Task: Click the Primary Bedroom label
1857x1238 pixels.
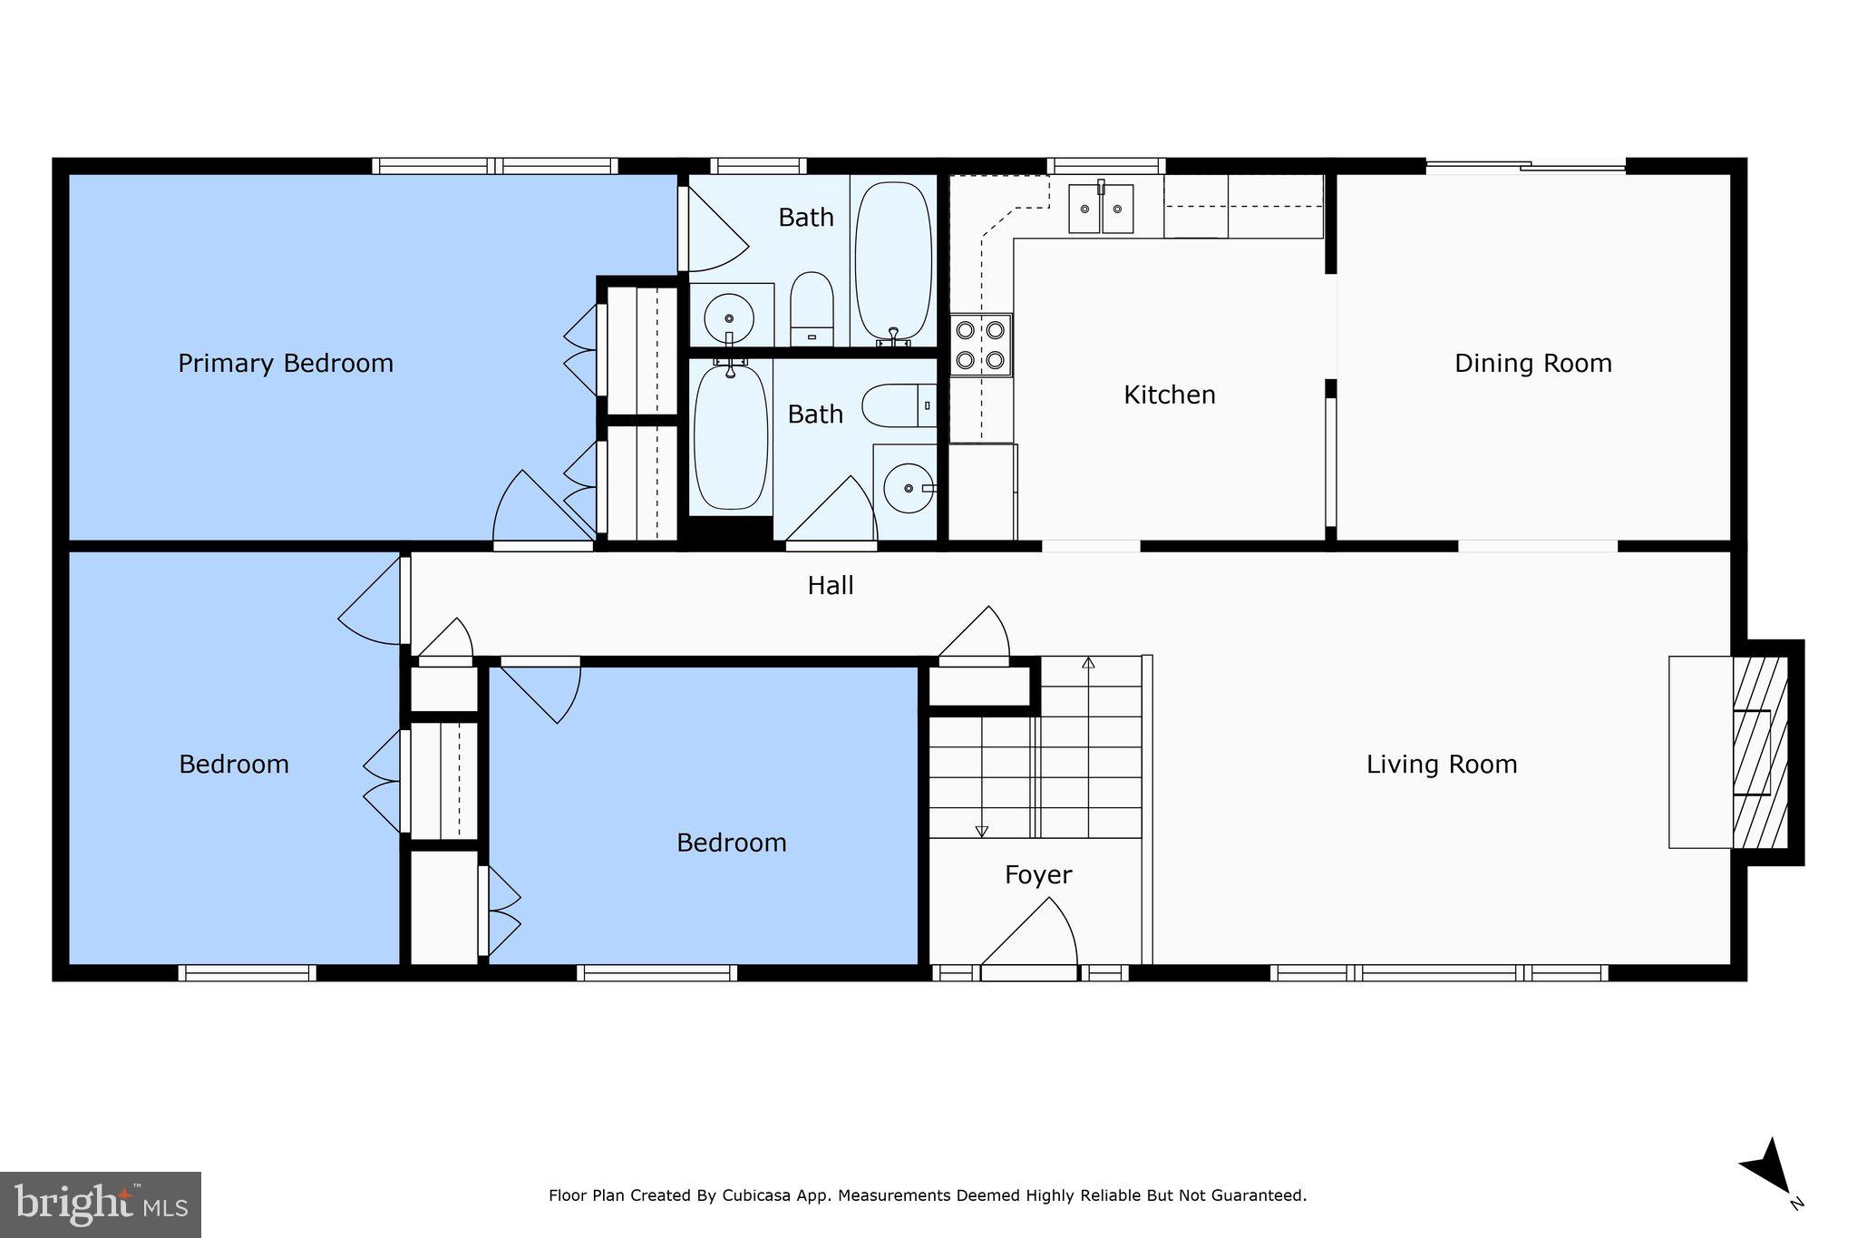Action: [x=285, y=364]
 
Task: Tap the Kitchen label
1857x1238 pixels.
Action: [x=1169, y=395]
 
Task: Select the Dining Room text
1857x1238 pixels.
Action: [x=1532, y=364]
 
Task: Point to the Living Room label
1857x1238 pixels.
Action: [x=1441, y=765]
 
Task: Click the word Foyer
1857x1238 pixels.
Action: [x=1037, y=875]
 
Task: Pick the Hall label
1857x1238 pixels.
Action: [x=830, y=586]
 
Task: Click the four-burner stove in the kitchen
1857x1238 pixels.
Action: [x=980, y=345]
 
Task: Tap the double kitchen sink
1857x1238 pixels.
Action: [x=1101, y=209]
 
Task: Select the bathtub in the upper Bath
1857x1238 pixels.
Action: [x=892, y=260]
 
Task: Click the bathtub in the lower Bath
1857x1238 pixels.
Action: [x=730, y=436]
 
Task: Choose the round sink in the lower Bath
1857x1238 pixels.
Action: [x=908, y=488]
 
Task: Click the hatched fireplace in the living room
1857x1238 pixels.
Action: [x=1759, y=752]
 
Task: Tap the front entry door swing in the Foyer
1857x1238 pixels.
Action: [x=1034, y=934]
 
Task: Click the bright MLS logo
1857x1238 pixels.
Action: [x=100, y=1204]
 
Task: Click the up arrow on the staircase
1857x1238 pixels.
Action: [x=1088, y=663]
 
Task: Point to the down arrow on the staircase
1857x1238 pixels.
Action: [x=981, y=830]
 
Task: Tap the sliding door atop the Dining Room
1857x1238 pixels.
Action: [x=1525, y=166]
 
